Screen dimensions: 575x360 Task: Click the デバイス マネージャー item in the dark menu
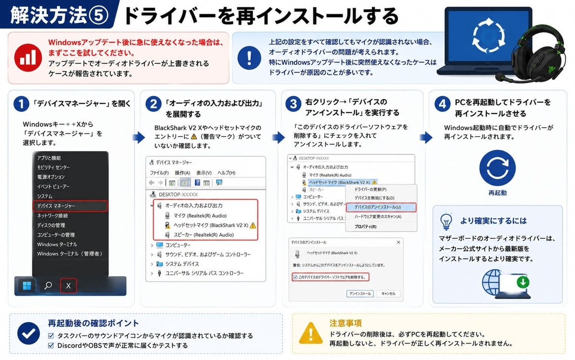click(56, 206)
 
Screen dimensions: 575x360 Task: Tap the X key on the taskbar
click(68, 286)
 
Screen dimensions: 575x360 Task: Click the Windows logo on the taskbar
click(27, 286)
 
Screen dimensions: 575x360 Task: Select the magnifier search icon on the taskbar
click(48, 285)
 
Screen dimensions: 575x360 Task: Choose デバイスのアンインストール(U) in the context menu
click(378, 207)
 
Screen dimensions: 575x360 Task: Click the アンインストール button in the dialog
click(360, 293)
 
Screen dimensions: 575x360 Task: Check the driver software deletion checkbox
click(295, 277)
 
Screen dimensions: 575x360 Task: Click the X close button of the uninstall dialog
click(398, 242)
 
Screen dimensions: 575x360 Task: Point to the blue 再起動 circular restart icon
click(497, 168)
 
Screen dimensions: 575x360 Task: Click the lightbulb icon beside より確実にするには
click(446, 221)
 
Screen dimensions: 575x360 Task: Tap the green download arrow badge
click(523, 282)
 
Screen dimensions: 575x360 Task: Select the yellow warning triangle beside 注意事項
click(311, 333)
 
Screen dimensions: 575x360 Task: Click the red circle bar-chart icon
click(28, 58)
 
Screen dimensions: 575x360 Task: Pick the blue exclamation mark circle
click(249, 58)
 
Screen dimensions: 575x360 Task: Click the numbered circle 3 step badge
click(293, 104)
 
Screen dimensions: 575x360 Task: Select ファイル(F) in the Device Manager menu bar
click(160, 173)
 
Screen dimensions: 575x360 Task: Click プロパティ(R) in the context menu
click(366, 226)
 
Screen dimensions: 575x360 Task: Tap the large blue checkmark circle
click(28, 333)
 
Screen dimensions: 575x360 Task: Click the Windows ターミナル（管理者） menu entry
click(70, 254)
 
